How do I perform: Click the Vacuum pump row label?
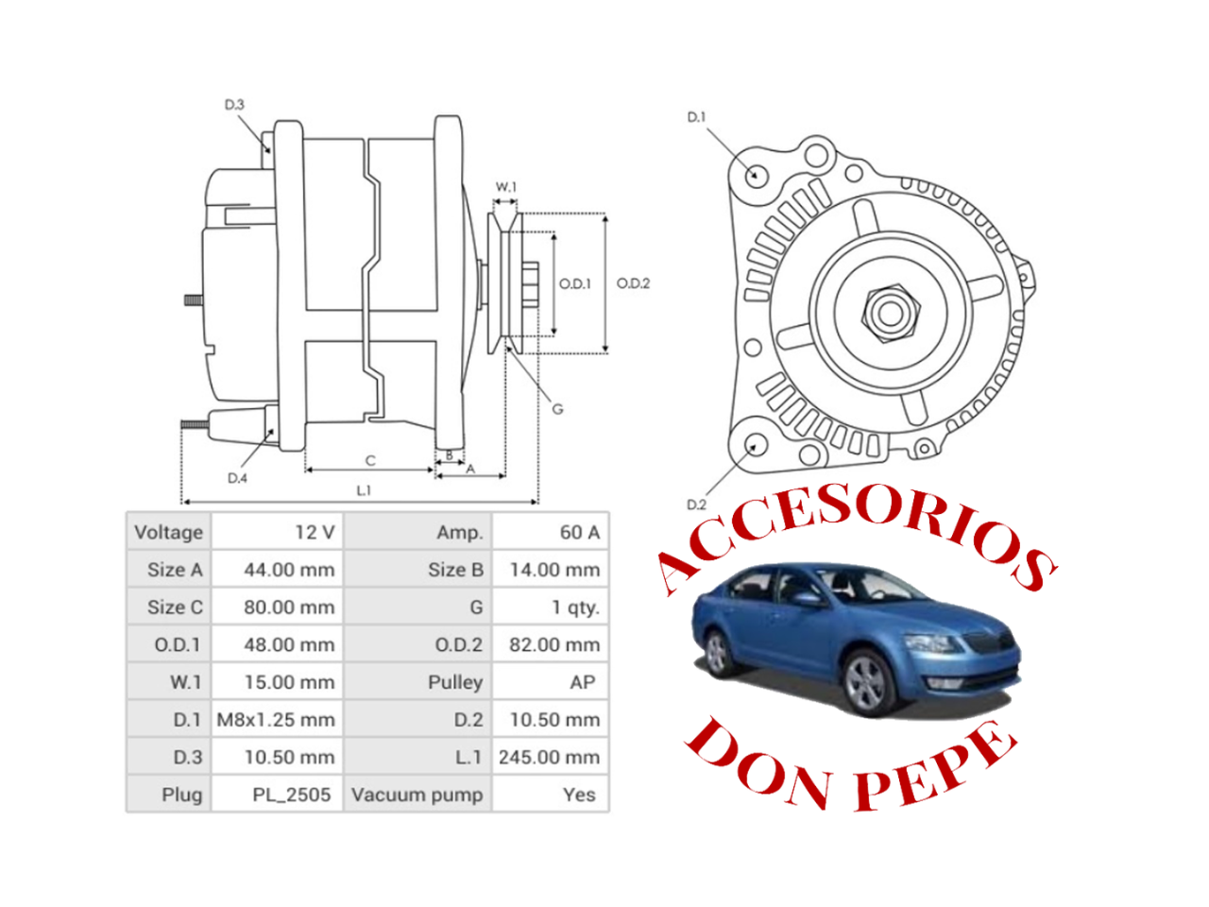tap(417, 795)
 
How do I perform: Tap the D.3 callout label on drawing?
tap(234, 105)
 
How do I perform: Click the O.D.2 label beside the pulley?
tap(633, 283)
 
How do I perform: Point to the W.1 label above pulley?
tap(506, 187)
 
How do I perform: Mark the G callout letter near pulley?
tap(557, 409)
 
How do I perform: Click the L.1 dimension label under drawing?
tap(364, 490)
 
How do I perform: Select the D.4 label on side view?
tap(237, 478)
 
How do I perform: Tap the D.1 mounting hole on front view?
tap(756, 175)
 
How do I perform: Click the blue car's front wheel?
tap(864, 681)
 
